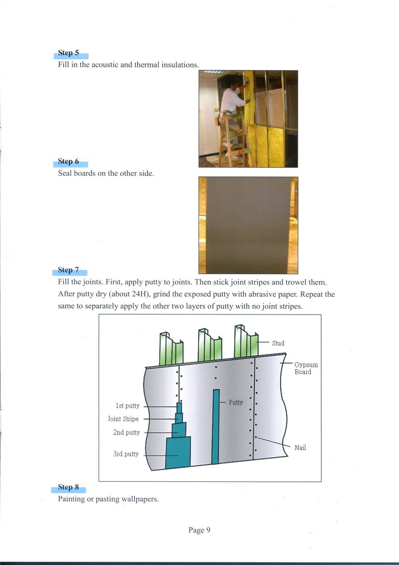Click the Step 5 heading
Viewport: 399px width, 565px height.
click(68, 53)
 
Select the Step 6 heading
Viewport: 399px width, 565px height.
click(68, 161)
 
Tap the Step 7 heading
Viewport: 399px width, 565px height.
click(68, 270)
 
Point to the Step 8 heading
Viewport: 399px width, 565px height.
click(68, 487)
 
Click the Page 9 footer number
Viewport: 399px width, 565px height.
click(199, 530)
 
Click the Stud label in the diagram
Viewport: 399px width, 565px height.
click(278, 343)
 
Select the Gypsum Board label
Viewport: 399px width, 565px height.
click(306, 368)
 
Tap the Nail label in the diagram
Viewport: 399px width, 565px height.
click(300, 448)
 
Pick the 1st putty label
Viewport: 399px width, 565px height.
click(128, 406)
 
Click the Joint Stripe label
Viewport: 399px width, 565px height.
click(123, 419)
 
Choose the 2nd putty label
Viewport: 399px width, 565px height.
click(126, 433)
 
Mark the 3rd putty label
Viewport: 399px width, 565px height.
click(126, 454)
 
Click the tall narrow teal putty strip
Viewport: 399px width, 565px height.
click(216, 425)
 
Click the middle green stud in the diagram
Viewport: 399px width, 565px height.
click(209, 347)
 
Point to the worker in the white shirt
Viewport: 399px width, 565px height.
click(233, 99)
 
